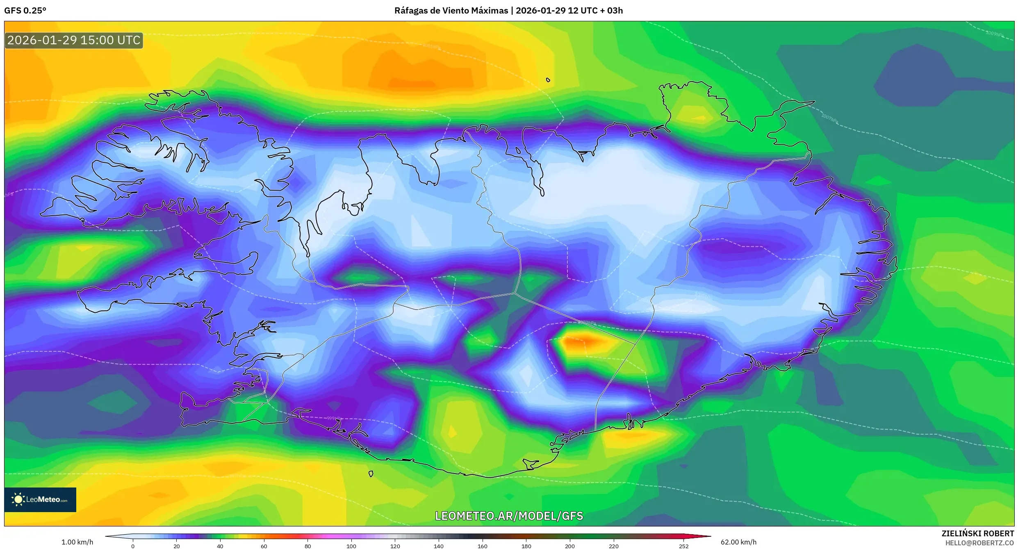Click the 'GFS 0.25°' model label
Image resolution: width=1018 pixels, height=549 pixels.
[25, 11]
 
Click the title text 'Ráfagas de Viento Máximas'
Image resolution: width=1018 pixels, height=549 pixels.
[451, 11]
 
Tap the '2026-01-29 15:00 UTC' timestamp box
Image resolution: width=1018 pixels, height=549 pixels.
[74, 40]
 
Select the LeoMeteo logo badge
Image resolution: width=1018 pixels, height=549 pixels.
[40, 499]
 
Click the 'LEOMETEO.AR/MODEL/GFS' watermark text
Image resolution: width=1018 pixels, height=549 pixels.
[509, 516]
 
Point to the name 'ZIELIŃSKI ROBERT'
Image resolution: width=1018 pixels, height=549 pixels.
[977, 533]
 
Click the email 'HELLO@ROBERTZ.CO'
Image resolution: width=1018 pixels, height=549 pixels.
[979, 543]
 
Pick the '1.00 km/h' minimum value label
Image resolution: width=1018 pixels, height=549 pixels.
[77, 542]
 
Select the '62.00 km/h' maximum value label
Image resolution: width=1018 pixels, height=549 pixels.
[738, 542]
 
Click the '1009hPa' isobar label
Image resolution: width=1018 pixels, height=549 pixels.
[994, 33]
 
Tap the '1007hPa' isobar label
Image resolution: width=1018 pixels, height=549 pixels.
[829, 118]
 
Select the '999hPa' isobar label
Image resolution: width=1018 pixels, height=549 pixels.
[334, 418]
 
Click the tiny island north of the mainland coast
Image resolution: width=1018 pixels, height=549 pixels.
[548, 80]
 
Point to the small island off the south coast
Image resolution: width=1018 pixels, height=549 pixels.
[371, 474]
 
